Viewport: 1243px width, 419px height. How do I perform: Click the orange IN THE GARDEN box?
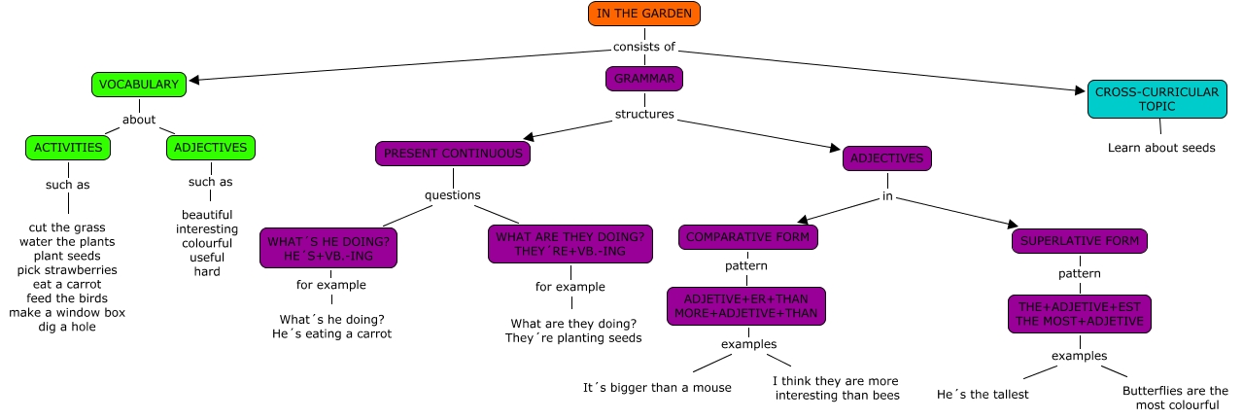643,14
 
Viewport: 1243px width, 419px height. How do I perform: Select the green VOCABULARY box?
138,85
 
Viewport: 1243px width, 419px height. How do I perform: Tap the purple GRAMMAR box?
643,79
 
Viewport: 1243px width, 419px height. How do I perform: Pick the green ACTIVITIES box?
68,148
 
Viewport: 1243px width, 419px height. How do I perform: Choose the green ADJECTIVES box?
211,148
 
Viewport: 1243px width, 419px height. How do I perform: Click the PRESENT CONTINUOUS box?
453,154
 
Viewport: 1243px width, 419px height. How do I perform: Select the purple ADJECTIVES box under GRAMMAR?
886,158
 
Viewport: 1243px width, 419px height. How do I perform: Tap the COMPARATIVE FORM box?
748,237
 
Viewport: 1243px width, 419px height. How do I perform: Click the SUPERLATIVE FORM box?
1080,241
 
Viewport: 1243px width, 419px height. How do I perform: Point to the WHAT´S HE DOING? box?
329,248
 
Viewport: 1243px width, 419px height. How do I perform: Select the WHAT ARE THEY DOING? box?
570,244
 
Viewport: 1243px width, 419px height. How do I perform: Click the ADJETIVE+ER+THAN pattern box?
746,306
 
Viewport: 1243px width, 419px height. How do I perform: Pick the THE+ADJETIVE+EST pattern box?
1079,313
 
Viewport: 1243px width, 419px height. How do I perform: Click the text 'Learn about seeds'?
1161,149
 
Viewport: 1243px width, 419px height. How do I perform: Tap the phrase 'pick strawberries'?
67,269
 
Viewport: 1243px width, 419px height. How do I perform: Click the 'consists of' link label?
643,48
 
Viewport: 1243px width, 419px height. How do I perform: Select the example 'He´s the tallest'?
982,395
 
